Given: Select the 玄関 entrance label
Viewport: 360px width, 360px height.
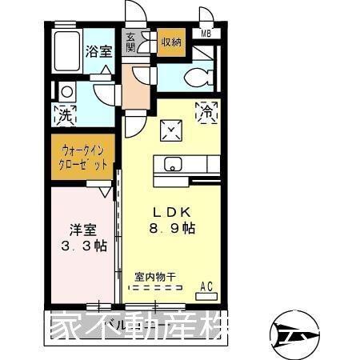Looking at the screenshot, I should (x=130, y=42).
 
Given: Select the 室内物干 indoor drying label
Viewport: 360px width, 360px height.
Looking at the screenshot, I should (x=156, y=277).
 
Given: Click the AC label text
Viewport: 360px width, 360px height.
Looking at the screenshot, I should (x=206, y=285).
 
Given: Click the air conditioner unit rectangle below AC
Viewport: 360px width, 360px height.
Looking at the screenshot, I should (x=206, y=295).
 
